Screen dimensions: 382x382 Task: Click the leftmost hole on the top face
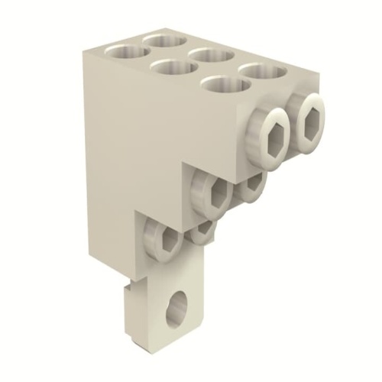point(125,53)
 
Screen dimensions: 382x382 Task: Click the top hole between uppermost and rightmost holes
point(211,54)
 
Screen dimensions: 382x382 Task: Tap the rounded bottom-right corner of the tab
point(204,337)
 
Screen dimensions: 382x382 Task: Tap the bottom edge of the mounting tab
point(164,342)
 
